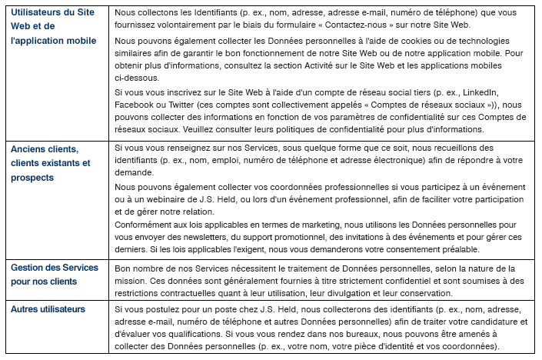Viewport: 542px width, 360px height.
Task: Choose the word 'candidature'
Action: [x=489, y=322]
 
